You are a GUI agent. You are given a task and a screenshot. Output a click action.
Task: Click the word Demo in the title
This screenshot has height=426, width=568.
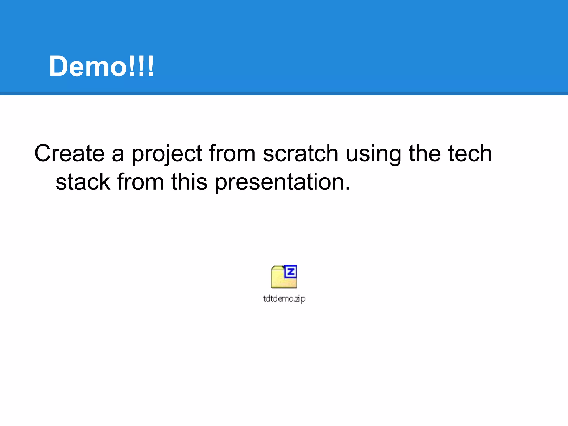tap(88, 67)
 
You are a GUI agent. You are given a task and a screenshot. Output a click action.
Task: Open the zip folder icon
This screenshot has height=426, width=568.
tap(283, 277)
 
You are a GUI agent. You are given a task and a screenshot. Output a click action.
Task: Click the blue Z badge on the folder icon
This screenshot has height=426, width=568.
tap(291, 272)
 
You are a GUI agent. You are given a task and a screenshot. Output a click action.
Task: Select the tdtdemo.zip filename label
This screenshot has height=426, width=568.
tap(284, 299)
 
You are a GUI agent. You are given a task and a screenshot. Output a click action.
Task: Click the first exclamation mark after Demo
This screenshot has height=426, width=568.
tap(131, 67)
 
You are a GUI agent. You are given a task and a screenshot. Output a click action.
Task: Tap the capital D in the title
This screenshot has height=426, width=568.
tap(59, 67)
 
